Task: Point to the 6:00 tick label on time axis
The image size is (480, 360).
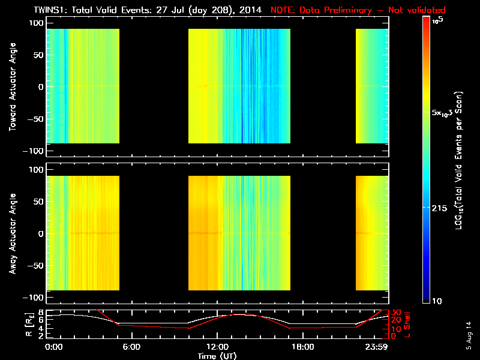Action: pos(131,347)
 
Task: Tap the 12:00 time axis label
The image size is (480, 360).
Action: pos(217,347)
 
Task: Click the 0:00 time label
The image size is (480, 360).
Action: pos(54,347)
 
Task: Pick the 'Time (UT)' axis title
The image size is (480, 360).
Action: pos(217,355)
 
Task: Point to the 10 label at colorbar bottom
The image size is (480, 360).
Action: pos(437,300)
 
